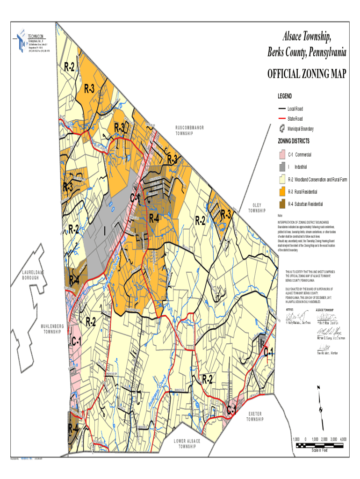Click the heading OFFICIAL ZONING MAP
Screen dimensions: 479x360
(307, 74)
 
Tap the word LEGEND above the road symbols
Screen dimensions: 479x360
(285, 96)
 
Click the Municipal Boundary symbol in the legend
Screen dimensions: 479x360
(282, 129)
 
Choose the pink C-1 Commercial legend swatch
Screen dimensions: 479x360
(282, 154)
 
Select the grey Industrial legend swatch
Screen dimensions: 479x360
(282, 167)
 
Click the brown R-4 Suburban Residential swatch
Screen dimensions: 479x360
(282, 204)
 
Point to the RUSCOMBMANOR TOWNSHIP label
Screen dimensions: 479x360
(190, 131)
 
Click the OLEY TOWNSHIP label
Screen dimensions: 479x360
(257, 208)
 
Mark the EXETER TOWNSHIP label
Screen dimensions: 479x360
(255, 416)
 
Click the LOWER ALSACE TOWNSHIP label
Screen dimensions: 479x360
(187, 443)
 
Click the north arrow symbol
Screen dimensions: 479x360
(319, 406)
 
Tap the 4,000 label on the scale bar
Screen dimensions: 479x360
(343, 439)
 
